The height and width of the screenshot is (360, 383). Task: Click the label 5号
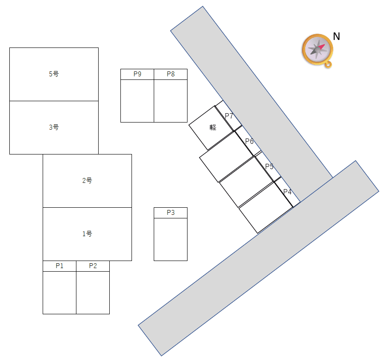(54, 74)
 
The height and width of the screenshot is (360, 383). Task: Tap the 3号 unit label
(54, 127)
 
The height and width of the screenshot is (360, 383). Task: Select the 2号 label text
(87, 180)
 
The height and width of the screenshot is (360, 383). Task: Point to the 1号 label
(87, 234)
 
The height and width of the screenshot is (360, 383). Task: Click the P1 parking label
(60, 266)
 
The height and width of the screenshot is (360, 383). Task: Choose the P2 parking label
(93, 266)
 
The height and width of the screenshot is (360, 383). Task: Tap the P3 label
(171, 213)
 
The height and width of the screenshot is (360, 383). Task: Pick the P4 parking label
(287, 192)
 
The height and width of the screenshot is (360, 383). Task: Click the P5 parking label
(269, 166)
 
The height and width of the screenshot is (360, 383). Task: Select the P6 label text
(249, 141)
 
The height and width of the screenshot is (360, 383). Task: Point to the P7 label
(229, 116)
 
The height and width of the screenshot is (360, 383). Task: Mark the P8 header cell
(171, 74)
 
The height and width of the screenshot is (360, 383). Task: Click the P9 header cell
(137, 74)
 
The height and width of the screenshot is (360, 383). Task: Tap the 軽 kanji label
(213, 127)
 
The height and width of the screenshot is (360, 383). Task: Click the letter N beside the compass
(336, 36)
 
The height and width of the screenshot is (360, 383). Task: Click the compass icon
(318, 51)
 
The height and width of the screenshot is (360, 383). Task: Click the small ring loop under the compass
(328, 65)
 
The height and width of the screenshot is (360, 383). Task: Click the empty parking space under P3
(171, 239)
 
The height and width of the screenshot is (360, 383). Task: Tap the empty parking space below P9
(137, 101)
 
